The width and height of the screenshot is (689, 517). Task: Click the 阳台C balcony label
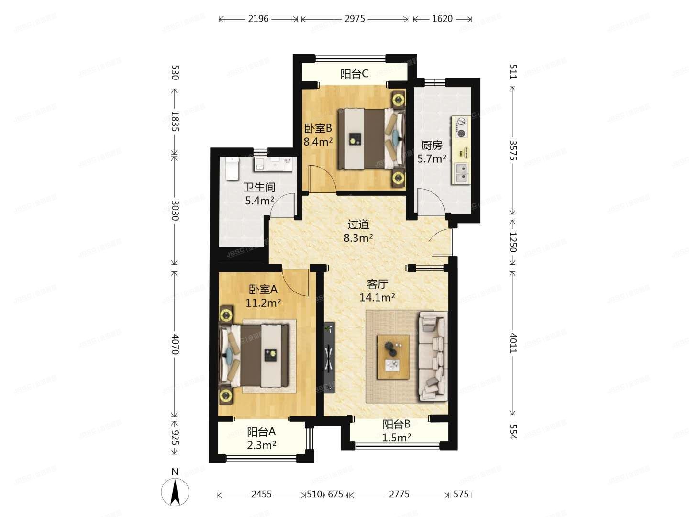(x=354, y=74)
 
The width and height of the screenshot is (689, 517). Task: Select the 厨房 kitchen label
(x=431, y=145)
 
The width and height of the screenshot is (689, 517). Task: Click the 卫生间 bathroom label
(x=259, y=187)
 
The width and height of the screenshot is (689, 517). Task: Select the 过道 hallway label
(x=358, y=224)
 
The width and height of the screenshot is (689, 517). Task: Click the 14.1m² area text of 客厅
(x=377, y=297)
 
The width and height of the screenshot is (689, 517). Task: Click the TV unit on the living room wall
(x=329, y=357)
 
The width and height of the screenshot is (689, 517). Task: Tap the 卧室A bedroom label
(x=263, y=289)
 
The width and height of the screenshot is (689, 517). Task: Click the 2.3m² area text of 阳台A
(x=262, y=446)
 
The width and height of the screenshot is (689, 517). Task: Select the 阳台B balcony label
(x=397, y=424)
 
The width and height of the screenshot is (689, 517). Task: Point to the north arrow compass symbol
(x=175, y=491)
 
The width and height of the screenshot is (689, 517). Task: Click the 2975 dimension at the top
(x=355, y=19)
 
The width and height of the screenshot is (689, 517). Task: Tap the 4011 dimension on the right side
(x=512, y=342)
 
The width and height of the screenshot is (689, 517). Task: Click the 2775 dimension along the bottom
(x=399, y=494)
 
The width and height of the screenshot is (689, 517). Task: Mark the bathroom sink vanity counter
(x=273, y=165)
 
